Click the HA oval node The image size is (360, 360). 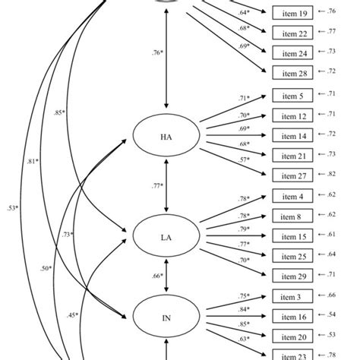click(x=166, y=137)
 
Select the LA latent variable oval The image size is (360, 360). click(x=166, y=238)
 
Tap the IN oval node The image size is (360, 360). click(x=166, y=318)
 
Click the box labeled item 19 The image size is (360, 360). click(x=292, y=14)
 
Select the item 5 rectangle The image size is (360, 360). click(x=292, y=96)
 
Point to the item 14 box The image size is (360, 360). click(x=292, y=134)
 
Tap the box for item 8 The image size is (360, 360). click(x=292, y=216)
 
